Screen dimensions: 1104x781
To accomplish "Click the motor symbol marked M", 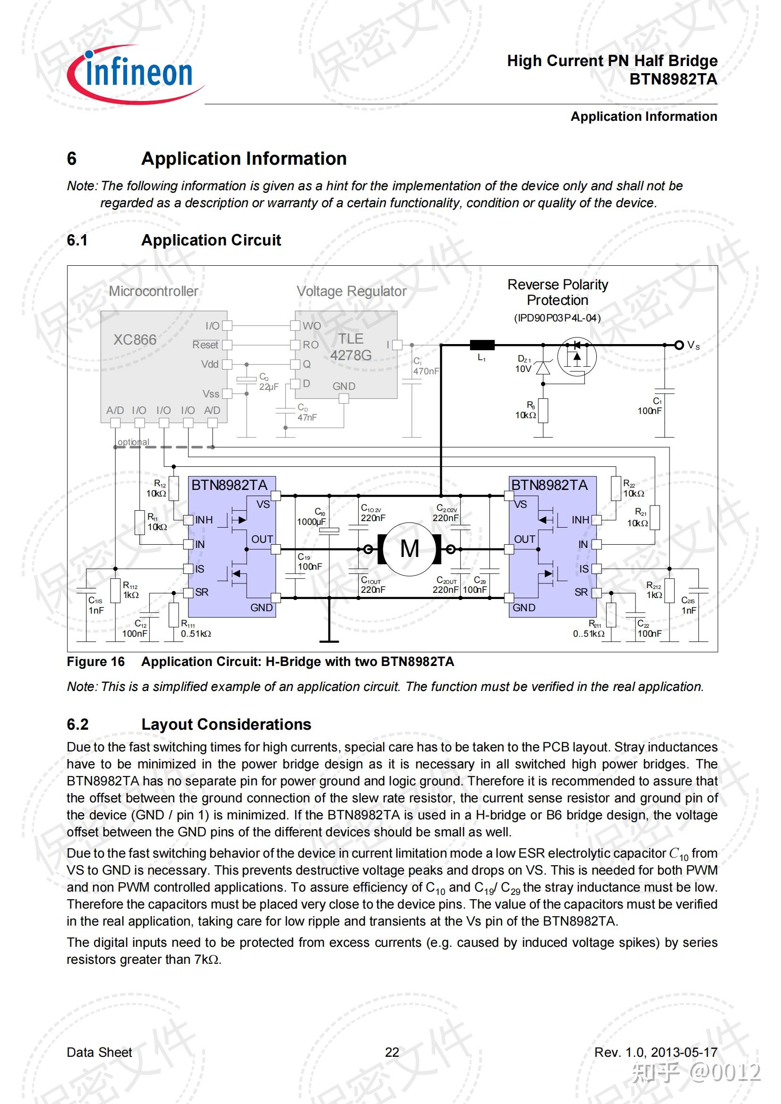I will [409, 548].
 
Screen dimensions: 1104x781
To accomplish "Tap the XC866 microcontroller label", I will [135, 340].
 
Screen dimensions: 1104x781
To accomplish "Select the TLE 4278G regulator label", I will [351, 347].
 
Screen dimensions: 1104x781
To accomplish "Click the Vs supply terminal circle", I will [679, 345].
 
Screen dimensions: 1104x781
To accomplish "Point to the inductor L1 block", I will [482, 345].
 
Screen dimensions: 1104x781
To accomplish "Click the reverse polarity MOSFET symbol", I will [576, 356].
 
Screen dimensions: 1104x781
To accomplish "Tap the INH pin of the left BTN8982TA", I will [189, 520].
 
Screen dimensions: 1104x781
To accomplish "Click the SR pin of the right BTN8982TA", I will [596, 592].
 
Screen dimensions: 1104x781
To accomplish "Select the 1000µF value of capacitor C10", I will [311, 522].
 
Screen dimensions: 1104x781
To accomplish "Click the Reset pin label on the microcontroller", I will [205, 345].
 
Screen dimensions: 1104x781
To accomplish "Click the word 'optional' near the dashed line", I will [133, 442].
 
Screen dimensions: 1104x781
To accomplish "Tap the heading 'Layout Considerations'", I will [226, 724].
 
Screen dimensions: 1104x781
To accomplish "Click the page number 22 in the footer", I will [392, 1053].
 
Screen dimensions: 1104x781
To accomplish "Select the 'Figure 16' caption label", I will [95, 662].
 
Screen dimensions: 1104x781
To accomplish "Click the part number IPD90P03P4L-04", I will [557, 318].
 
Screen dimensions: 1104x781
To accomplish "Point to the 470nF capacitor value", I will [426, 371].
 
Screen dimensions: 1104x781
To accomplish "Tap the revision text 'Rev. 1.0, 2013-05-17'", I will [655, 1053].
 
